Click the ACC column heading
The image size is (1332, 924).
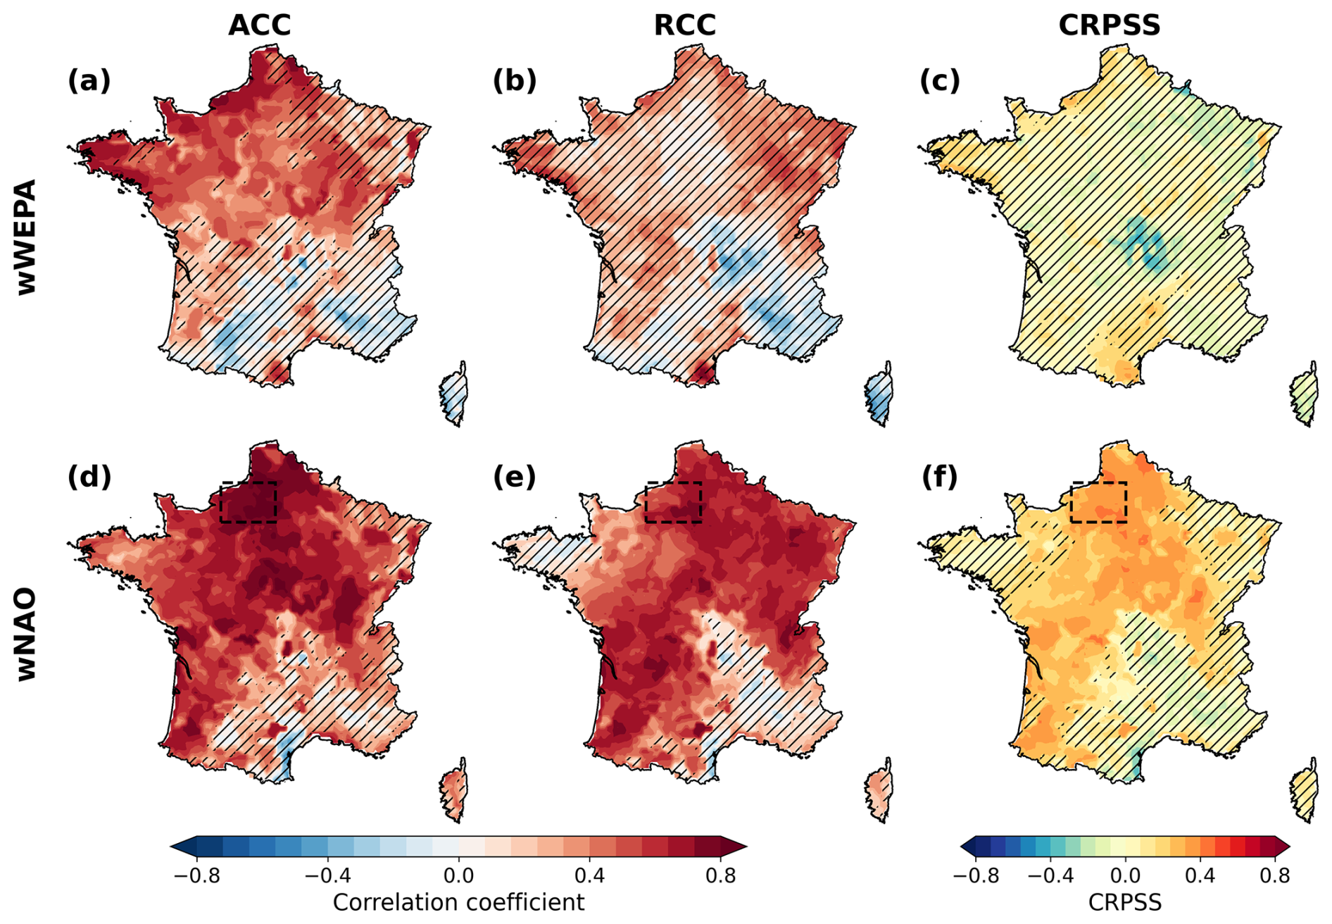259,25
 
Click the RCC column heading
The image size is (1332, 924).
684,25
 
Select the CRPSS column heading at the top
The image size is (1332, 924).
1109,25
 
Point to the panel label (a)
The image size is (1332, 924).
89,81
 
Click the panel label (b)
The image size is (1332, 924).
515,81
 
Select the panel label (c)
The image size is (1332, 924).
940,81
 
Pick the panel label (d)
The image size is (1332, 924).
89,477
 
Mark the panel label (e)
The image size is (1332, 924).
515,477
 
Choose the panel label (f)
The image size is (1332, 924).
940,477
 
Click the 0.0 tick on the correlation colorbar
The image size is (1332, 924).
458,876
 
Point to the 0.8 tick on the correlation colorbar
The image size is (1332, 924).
720,876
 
